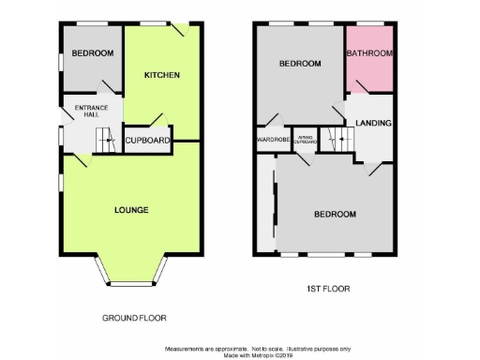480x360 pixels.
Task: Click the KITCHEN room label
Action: tap(161, 75)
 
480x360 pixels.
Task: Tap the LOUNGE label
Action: tap(131, 209)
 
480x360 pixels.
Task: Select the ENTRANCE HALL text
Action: tap(92, 112)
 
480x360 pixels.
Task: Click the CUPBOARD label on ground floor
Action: tap(148, 141)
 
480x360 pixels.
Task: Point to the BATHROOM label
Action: tap(369, 54)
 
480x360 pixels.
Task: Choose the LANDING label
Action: tap(373, 123)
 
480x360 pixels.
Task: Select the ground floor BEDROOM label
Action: tap(95, 53)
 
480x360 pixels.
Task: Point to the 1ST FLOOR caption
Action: tap(329, 289)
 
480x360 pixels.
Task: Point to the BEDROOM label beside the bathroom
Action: tap(301, 64)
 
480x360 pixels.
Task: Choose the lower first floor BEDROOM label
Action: tap(335, 214)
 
